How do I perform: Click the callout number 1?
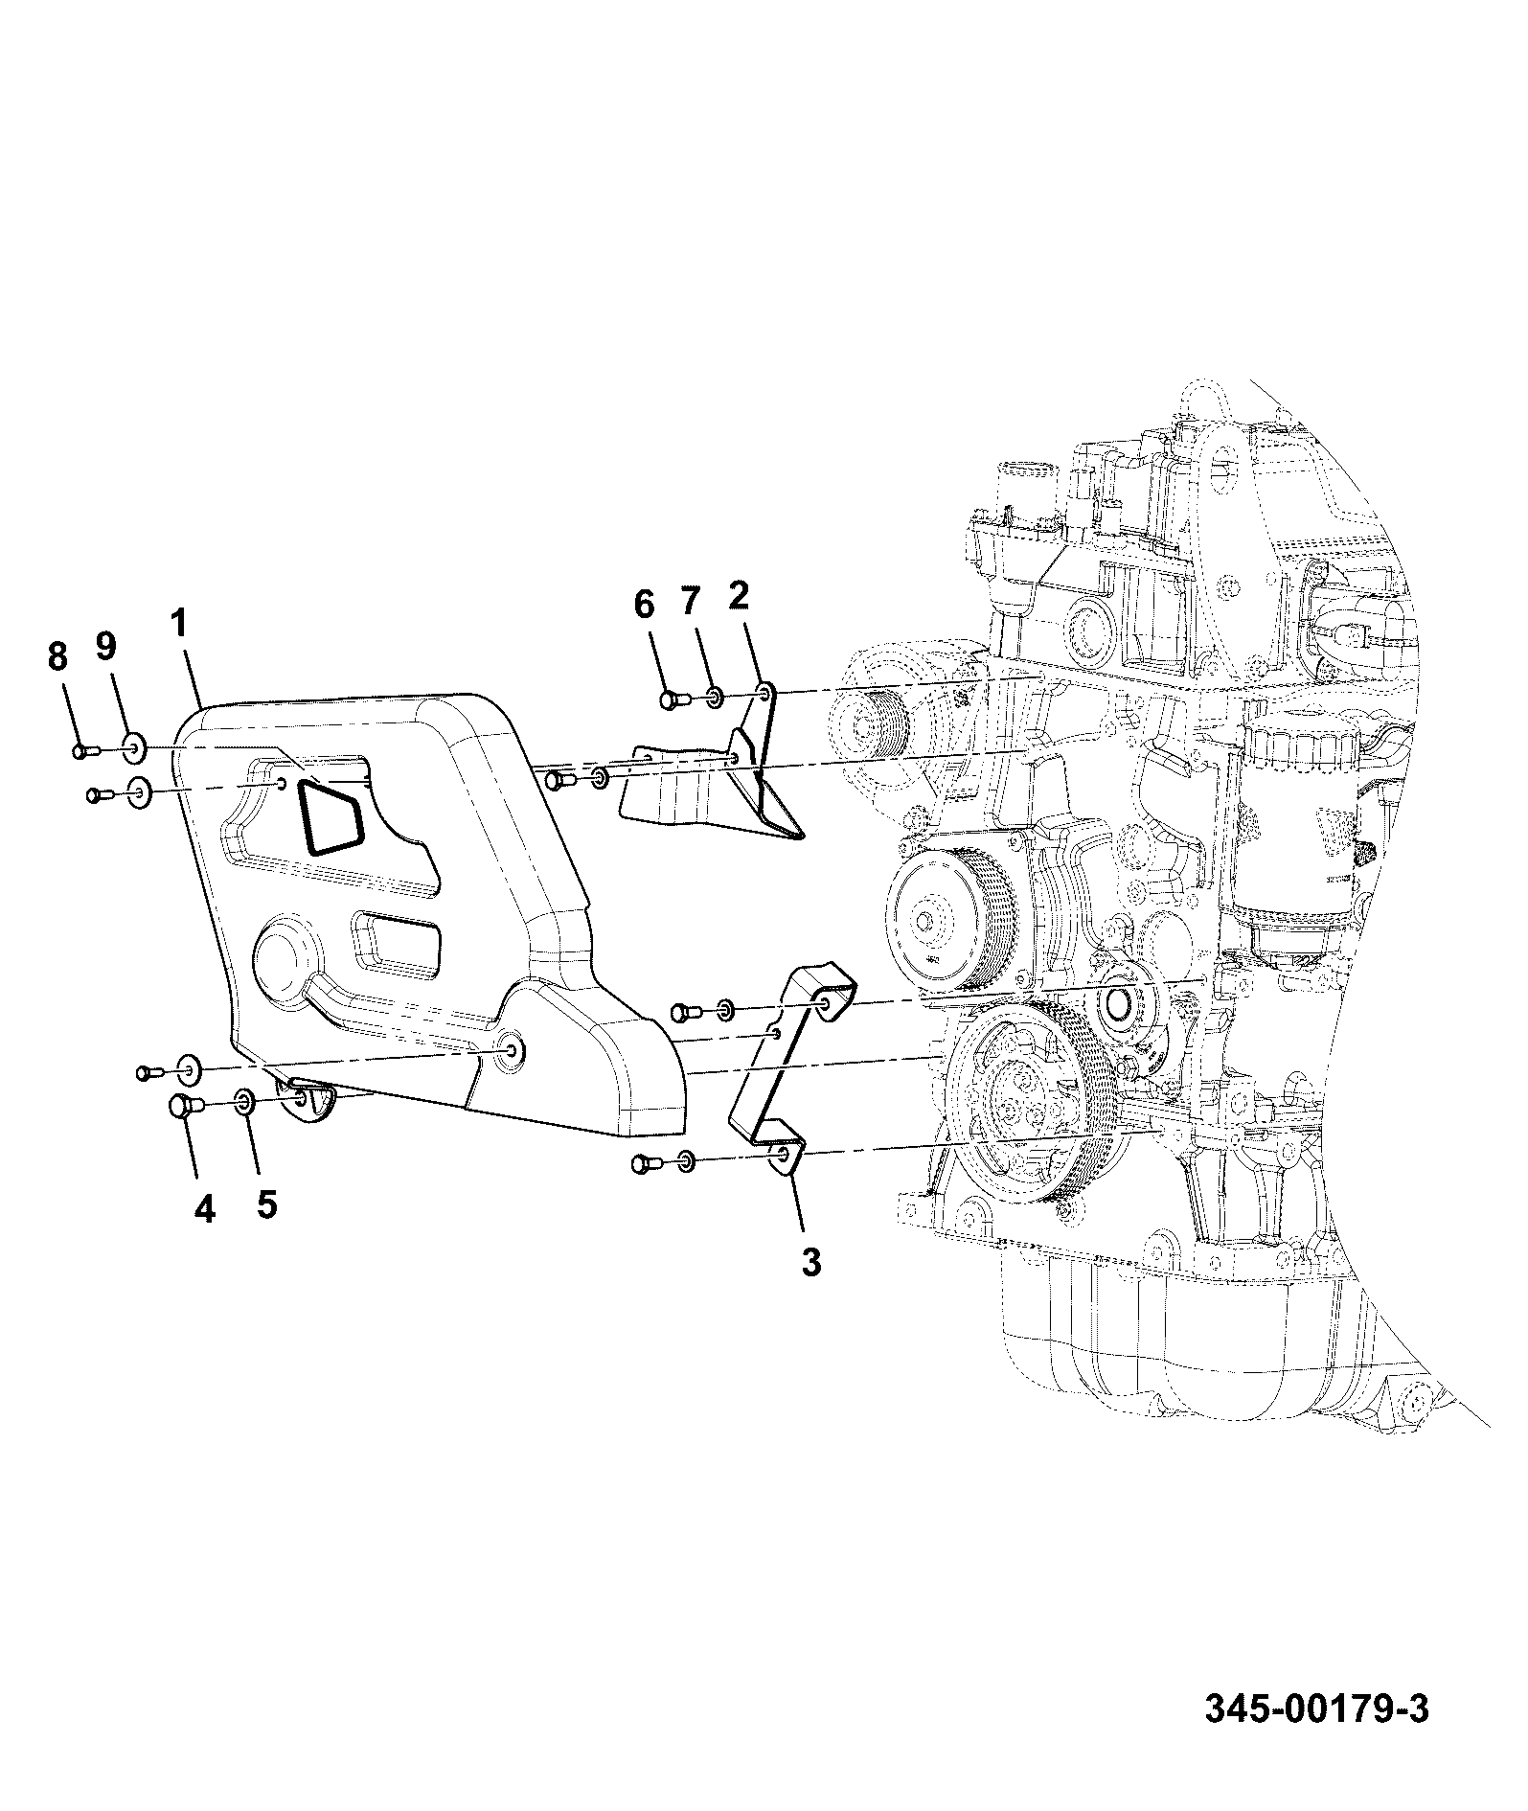(180, 624)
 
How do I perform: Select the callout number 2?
(739, 595)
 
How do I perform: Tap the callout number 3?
(810, 1262)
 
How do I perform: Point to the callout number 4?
(204, 1209)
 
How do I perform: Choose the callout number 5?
(267, 1204)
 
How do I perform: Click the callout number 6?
(644, 605)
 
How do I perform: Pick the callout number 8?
(57, 656)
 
